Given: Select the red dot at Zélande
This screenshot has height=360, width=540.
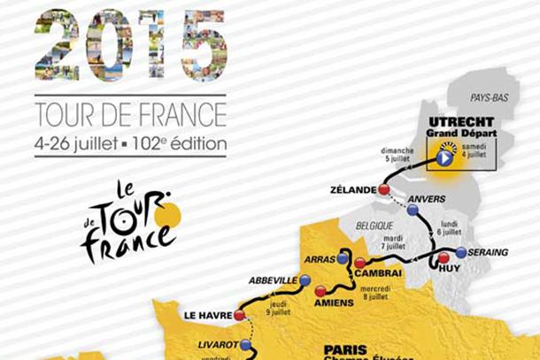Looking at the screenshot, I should [x=384, y=189].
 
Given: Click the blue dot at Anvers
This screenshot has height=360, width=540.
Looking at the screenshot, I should [x=413, y=210].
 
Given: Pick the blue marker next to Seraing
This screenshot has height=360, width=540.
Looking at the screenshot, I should [x=461, y=252].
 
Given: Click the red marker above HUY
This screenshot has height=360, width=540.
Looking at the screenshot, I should [x=444, y=259].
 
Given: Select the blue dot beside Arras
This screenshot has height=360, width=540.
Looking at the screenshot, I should [x=343, y=259].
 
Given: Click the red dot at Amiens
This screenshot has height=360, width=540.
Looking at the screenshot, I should [x=320, y=289].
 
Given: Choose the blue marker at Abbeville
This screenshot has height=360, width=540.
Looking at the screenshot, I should [x=305, y=280].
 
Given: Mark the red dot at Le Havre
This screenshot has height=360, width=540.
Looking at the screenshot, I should [x=240, y=315].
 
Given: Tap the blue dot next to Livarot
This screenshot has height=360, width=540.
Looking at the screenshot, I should [x=245, y=345].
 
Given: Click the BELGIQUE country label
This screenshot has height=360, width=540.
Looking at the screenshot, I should [x=374, y=226].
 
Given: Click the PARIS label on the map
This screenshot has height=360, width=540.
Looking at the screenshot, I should [x=345, y=349].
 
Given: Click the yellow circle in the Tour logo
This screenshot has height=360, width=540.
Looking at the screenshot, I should [x=166, y=214].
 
